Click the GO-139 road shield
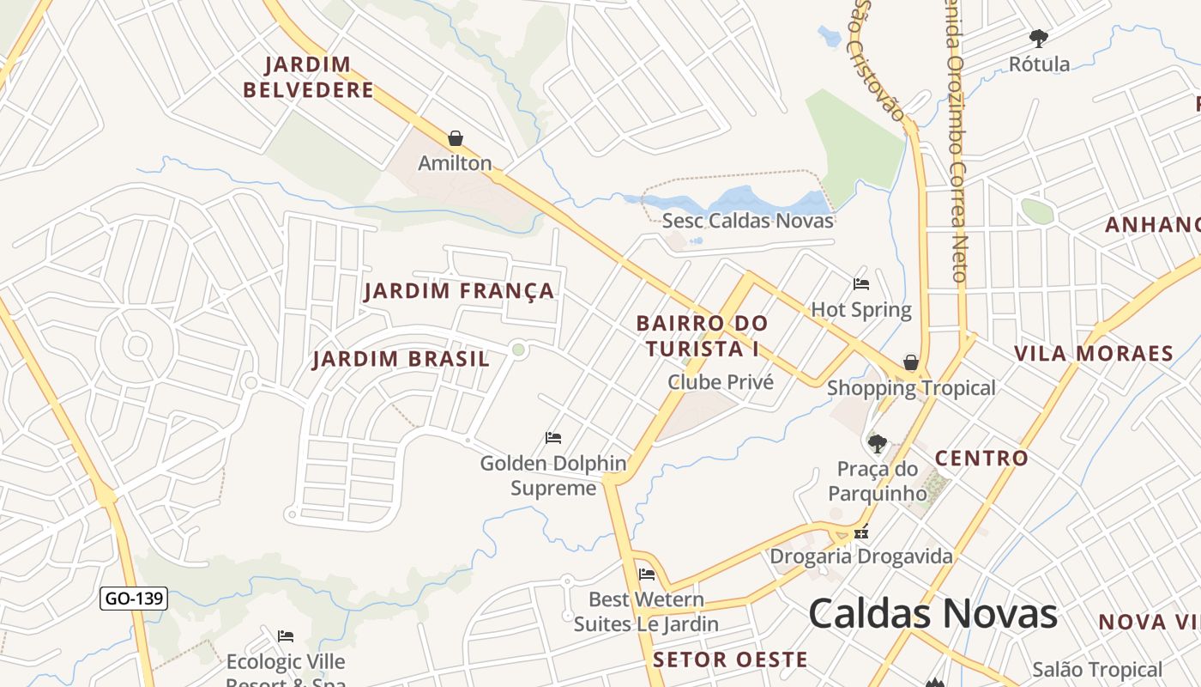(x=134, y=599)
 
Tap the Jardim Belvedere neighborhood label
(x=308, y=77)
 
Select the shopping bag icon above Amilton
(x=456, y=138)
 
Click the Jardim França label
(x=460, y=291)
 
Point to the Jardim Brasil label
(x=401, y=359)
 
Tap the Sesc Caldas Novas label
(x=748, y=221)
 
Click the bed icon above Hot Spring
(x=861, y=284)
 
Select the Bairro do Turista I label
(x=703, y=336)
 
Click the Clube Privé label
(x=721, y=382)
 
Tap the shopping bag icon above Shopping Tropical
(x=911, y=363)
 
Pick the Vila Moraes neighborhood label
(x=1094, y=354)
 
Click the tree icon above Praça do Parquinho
(x=877, y=444)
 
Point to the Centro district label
(x=981, y=459)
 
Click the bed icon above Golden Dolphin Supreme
(x=553, y=438)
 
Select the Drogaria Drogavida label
(x=860, y=556)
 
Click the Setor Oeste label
(x=730, y=660)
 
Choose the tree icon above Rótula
(x=1039, y=39)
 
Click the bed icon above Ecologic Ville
(x=286, y=636)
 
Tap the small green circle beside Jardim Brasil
(x=518, y=350)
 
